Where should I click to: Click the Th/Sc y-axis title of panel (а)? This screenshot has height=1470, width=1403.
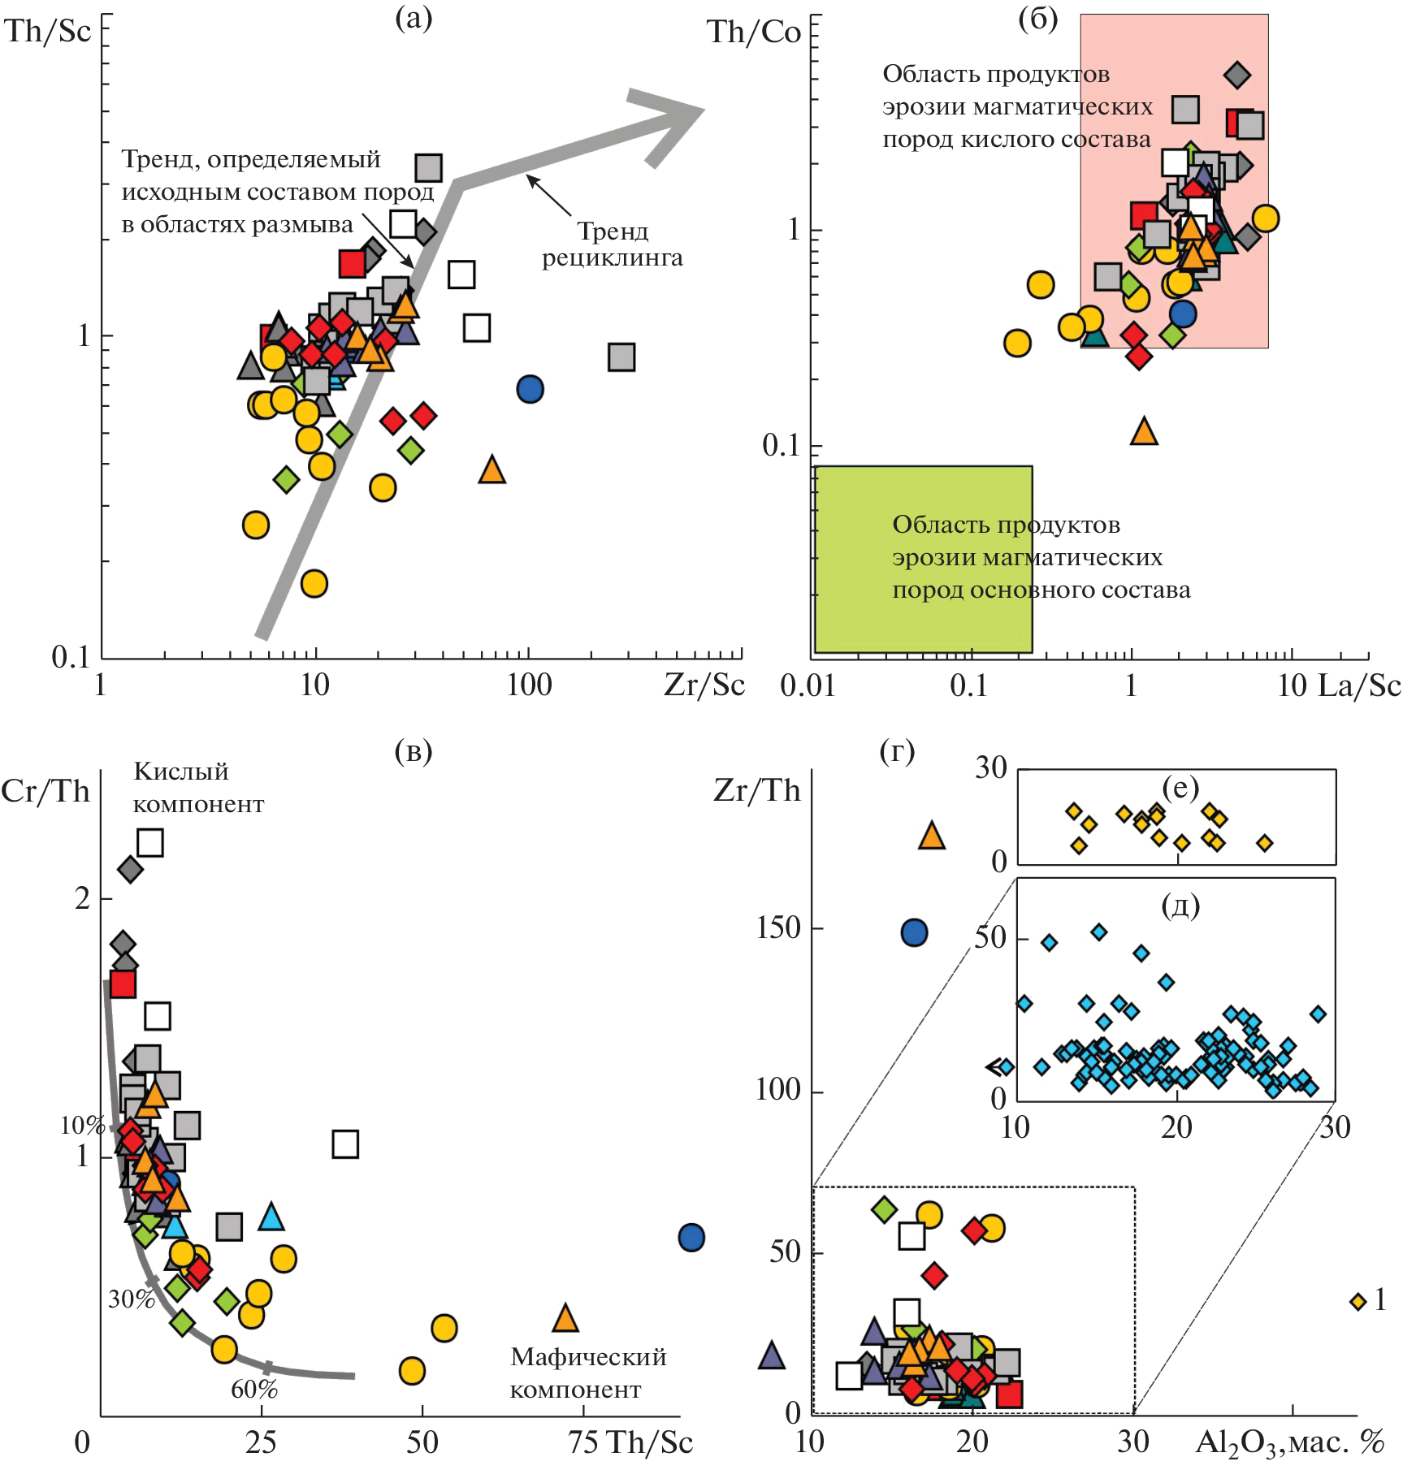[x=48, y=32]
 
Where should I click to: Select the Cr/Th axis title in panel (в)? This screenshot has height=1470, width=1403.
[x=45, y=791]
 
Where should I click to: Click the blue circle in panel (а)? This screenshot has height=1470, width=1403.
[x=530, y=389]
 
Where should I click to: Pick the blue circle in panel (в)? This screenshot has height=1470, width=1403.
[x=691, y=1238]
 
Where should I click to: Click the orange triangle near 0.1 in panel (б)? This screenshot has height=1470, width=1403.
[x=1144, y=431]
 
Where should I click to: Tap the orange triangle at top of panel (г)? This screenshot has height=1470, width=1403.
[x=932, y=836]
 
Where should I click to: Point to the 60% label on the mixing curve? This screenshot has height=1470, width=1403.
[x=254, y=1390]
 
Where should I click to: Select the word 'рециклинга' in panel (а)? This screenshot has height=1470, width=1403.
[x=613, y=258]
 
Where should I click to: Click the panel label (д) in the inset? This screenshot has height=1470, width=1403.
[x=1180, y=904]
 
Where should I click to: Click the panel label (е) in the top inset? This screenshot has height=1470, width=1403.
[x=1180, y=787]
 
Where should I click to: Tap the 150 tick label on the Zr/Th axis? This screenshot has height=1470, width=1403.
[x=777, y=927]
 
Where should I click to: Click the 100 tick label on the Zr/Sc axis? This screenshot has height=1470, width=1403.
[x=529, y=685]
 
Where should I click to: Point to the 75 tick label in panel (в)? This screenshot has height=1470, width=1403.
[x=584, y=1442]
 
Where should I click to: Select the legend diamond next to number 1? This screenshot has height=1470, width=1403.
[x=1358, y=1301]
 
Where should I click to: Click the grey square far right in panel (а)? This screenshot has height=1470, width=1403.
[x=621, y=357]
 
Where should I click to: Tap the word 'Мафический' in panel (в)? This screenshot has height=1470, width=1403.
[x=588, y=1357]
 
